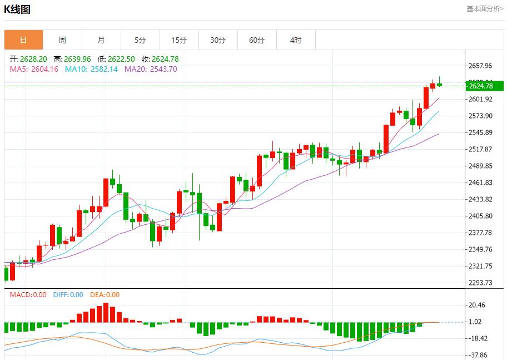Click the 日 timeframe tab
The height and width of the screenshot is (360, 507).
pyautogui.click(x=23, y=40)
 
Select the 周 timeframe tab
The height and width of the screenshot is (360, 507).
pyautogui.click(x=62, y=40)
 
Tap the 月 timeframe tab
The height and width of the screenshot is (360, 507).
pyautogui.click(x=101, y=40)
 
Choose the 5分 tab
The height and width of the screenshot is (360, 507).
pyautogui.click(x=140, y=40)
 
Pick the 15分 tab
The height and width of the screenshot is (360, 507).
pyautogui.click(x=179, y=40)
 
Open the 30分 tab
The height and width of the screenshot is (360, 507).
pyautogui.click(x=218, y=40)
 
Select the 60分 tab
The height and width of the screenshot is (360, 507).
pyautogui.click(x=257, y=40)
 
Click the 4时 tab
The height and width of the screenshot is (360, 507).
pyautogui.click(x=296, y=40)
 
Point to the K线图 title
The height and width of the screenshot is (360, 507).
pyautogui.click(x=17, y=9)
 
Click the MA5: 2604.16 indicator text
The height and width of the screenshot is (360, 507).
pyautogui.click(x=34, y=69)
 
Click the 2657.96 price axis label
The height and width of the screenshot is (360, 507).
pyautogui.click(x=481, y=66)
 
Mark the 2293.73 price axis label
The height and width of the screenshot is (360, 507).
pyautogui.click(x=481, y=283)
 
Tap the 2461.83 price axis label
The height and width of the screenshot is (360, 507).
pyautogui.click(x=481, y=183)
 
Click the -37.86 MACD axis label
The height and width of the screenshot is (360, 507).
pyautogui.click(x=479, y=355)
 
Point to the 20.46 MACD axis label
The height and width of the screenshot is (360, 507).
pyautogui.click(x=478, y=305)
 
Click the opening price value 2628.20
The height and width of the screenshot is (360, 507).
pyautogui.click(x=33, y=59)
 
